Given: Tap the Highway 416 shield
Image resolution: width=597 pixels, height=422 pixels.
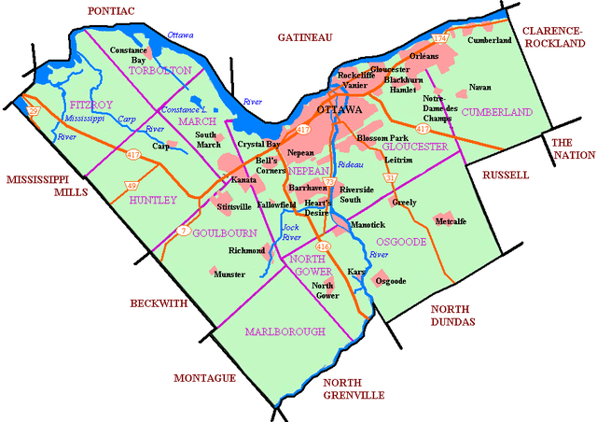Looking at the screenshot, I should pos(324,246).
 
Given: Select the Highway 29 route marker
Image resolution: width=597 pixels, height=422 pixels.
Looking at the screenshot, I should pos(34,111).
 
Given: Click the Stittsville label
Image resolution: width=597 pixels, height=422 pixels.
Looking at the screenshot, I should pos(233,205).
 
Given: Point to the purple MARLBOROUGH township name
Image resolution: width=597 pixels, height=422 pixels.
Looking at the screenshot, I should pos(285,331).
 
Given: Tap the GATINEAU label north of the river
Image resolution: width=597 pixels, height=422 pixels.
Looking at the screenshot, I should pos(305,37).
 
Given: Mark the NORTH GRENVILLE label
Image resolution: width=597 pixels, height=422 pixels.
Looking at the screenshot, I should pos(354,389).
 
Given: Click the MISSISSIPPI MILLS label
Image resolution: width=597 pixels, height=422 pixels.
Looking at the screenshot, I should pos(46,186).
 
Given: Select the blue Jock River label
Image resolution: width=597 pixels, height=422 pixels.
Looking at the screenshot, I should pos(292,232).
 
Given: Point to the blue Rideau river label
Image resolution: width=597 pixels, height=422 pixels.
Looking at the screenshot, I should pos(350,164).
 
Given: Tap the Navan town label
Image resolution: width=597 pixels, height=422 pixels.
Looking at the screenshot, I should pos(480,87).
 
